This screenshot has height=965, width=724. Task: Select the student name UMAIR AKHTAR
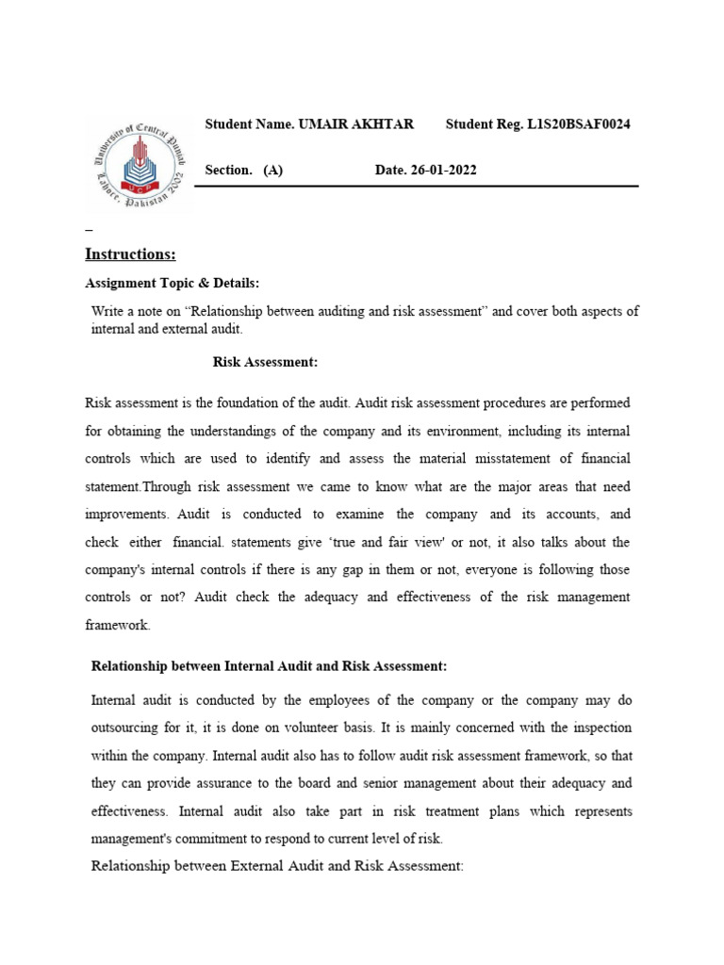coord(356,124)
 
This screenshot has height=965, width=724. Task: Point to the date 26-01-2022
coord(439,170)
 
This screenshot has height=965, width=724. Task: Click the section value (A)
coord(273,170)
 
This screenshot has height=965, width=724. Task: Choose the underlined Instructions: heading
coord(130,254)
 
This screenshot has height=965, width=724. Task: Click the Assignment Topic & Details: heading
coord(172,283)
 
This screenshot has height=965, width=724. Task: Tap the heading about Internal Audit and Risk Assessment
coord(269,665)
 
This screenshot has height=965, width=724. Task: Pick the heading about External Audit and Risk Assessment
coord(277,865)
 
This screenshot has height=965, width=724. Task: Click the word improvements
coord(126,514)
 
